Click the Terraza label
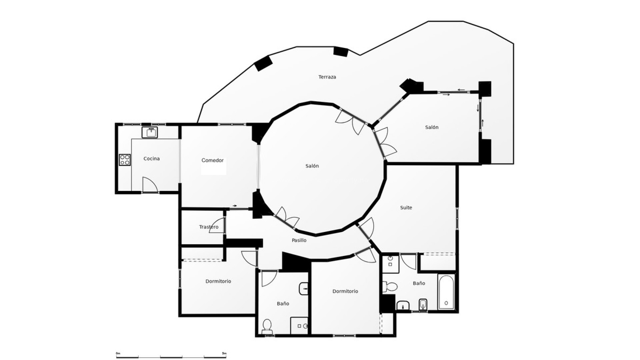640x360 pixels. click(x=327, y=77)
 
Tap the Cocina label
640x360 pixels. click(x=151, y=159)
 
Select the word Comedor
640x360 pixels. click(x=212, y=160)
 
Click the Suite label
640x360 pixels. click(x=406, y=208)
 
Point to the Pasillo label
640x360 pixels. click(x=299, y=240)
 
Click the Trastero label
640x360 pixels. click(x=209, y=227)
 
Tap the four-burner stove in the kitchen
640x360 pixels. click(x=125, y=160)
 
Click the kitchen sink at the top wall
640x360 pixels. click(x=150, y=132)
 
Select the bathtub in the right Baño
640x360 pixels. click(x=446, y=292)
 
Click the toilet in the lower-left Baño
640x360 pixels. click(x=267, y=326)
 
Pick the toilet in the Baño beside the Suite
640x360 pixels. click(x=390, y=286)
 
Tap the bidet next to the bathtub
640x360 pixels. click(x=423, y=304)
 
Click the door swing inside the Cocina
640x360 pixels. click(x=150, y=185)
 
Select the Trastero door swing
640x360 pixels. click(x=217, y=225)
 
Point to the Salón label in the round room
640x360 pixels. click(x=312, y=166)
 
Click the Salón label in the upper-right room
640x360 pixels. click(x=432, y=127)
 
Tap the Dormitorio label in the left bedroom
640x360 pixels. click(x=218, y=281)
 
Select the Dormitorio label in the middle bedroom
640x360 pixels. click(x=345, y=291)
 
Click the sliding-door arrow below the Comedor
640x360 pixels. click(x=235, y=206)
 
